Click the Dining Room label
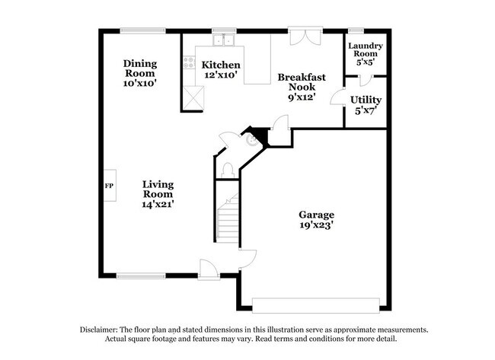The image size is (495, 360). point(140,68)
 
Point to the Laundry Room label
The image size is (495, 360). point(366,50)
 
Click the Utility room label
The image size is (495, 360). point(366,100)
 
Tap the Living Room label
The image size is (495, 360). point(158,190)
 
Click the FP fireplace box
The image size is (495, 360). point(109,186)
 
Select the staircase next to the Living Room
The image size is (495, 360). point(228,217)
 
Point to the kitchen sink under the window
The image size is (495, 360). point(223,40)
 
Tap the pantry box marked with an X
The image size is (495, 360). point(193,97)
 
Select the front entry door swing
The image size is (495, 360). point(208,267)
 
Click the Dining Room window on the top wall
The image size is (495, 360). point(142,30)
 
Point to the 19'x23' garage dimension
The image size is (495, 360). point(315,225)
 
